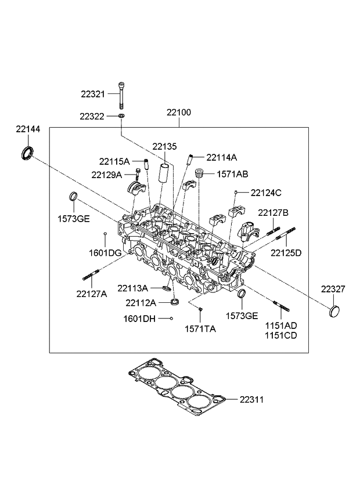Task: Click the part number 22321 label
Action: pyautogui.click(x=93, y=94)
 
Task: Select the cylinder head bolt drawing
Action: pyautogui.click(x=122, y=95)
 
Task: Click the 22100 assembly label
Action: pyautogui.click(x=178, y=112)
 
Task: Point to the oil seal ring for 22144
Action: pyautogui.click(x=27, y=154)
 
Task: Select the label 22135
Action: pyautogui.click(x=164, y=146)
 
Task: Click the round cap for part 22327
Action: pyautogui.click(x=336, y=312)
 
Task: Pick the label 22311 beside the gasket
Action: pyautogui.click(x=251, y=399)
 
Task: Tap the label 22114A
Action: pyautogui.click(x=221, y=157)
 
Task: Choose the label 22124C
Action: pyautogui.click(x=266, y=192)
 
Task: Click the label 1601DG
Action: pyautogui.click(x=105, y=252)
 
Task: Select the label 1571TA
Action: pyautogui.click(x=200, y=328)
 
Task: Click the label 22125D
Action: pyautogui.click(x=286, y=252)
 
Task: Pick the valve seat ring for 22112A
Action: pyautogui.click(x=174, y=302)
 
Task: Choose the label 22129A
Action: pyautogui.click(x=106, y=175)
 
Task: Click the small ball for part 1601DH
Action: pyautogui.click(x=171, y=318)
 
